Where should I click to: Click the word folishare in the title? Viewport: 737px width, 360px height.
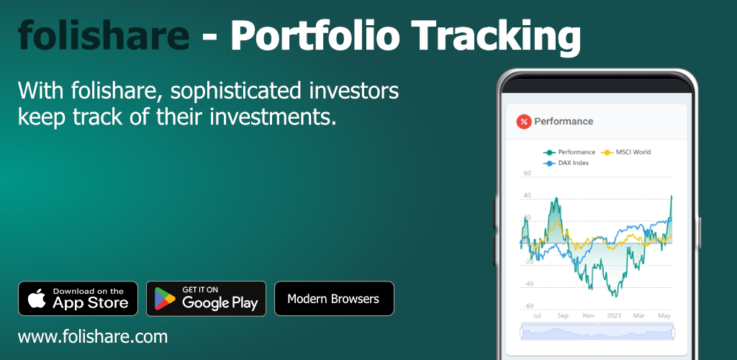[x=104, y=35]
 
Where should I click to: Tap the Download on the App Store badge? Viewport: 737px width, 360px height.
[x=78, y=298]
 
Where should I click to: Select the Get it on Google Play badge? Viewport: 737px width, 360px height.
[x=206, y=298]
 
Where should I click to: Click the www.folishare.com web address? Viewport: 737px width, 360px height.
[x=93, y=336]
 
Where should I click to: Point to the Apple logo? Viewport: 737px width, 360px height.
[x=37, y=298]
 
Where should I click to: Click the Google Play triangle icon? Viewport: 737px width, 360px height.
[x=165, y=299]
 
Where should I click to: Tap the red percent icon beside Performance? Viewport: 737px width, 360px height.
[x=524, y=122]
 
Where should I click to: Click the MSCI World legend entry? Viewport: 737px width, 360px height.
[x=627, y=152]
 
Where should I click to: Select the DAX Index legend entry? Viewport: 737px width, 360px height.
[x=566, y=163]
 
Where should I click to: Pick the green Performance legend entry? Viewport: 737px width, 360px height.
[x=569, y=152]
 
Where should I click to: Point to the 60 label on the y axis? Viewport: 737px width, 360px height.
[x=527, y=174]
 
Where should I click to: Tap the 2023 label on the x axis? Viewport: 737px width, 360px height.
[x=614, y=316]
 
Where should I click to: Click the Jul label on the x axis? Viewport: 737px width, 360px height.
[x=537, y=316]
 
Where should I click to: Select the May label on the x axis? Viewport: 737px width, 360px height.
[x=664, y=316]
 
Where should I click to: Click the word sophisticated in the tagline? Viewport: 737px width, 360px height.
[x=235, y=91]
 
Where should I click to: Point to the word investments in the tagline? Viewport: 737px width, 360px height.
[x=273, y=117]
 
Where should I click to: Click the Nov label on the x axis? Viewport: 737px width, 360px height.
[x=589, y=316]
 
